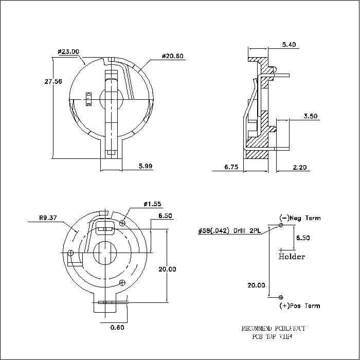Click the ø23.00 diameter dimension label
[x=68, y=51]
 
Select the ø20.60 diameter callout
[x=172, y=56]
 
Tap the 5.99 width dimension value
[x=146, y=166]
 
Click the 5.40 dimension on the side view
[x=289, y=45]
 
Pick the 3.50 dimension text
[x=310, y=117]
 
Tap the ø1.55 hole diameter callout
[x=153, y=205]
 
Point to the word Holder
[x=292, y=257]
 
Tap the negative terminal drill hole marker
[x=281, y=225]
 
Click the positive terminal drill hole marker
[x=281, y=297]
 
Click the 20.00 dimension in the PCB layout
[x=257, y=285]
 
